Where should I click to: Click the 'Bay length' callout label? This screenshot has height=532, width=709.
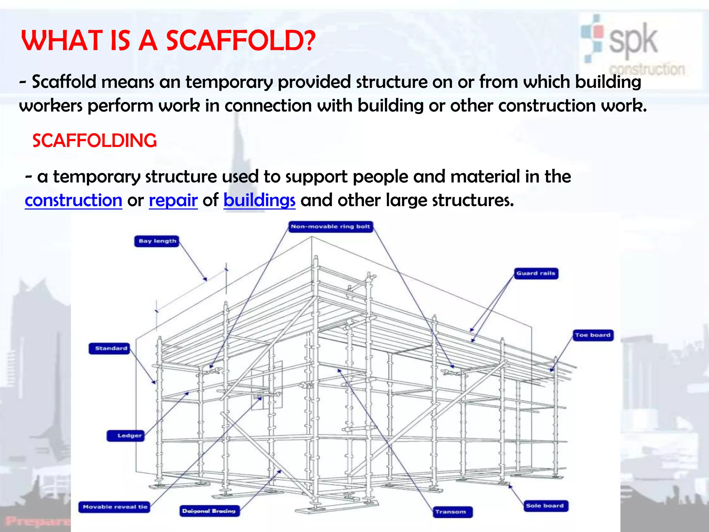pos(157,241)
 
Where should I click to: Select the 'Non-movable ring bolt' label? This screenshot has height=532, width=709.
pos(331,227)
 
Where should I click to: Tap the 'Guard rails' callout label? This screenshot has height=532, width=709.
pos(536,273)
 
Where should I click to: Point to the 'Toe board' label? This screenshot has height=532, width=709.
pos(593,335)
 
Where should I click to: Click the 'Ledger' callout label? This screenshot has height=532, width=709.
pos(129,436)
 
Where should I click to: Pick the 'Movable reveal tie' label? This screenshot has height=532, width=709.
pos(115,507)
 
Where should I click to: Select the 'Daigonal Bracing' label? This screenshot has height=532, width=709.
pos(209,511)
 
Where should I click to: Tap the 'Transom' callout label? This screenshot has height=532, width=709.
pos(451,512)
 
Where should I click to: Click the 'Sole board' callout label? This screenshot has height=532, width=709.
pos(545,506)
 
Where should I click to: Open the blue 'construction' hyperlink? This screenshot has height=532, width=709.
pos(73,201)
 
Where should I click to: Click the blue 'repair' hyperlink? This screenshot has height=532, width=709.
pos(173,201)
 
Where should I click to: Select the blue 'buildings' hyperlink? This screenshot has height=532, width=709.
pos(259,201)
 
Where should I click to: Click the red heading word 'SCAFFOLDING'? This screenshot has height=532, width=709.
pos(95,141)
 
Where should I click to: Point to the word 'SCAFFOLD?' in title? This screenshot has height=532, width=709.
pos(241,41)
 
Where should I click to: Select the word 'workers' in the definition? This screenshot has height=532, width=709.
pos(51,106)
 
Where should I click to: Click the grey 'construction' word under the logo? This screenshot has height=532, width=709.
pos(647,69)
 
